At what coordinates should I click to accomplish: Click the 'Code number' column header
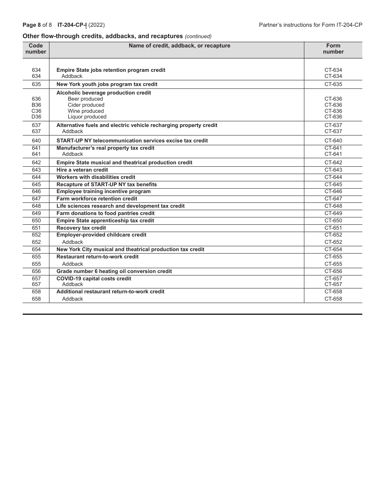pyautogui.click(x=36, y=49)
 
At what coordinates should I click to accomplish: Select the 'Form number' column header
pyautogui.click(x=333, y=49)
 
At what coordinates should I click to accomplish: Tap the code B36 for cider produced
pyautogui.click(x=36, y=105)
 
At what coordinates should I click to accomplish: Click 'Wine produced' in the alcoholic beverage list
pyautogui.click(x=86, y=111)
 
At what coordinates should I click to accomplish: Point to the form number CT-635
pyautogui.click(x=333, y=84)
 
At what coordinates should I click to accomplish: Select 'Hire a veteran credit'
pyautogui.click(x=82, y=170)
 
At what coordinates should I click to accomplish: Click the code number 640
pyautogui.click(x=36, y=141)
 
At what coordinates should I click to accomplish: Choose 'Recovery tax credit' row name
pyautogui.click(x=81, y=228)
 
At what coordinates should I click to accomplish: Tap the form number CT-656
pyautogui.click(x=333, y=271)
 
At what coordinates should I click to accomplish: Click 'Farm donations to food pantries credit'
pyautogui.click(x=105, y=213)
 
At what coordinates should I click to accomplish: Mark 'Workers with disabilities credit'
pyautogui.click(x=96, y=177)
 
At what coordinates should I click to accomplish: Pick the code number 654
pyautogui.click(x=36, y=249)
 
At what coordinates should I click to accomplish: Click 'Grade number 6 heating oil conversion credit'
pyautogui.click(x=114, y=271)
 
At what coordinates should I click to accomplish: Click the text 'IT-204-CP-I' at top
pyautogui.click(x=72, y=25)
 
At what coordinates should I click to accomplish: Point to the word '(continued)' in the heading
pyautogui.click(x=198, y=37)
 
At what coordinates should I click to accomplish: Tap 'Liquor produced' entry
pyautogui.click(x=87, y=117)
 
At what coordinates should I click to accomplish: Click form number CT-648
pyautogui.click(x=333, y=206)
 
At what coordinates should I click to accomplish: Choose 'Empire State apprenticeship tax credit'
pyautogui.click(x=105, y=221)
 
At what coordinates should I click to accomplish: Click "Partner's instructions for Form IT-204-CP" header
pyautogui.click(x=310, y=25)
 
